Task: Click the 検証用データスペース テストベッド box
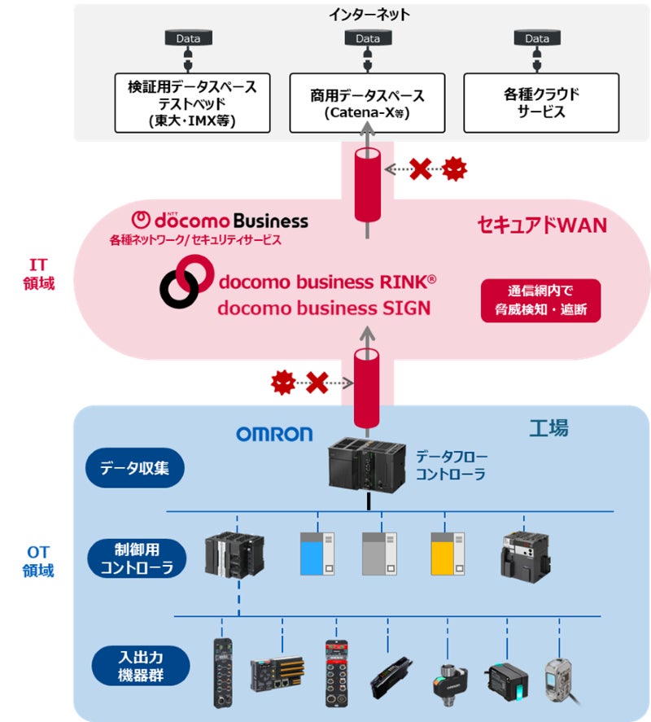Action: [192, 103]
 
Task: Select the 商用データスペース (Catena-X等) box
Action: [367, 103]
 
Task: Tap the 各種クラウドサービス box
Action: [541, 103]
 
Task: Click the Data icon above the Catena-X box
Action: [368, 38]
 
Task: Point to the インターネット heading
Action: [369, 15]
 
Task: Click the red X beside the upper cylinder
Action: [421, 169]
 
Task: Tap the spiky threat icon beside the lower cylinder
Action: [282, 383]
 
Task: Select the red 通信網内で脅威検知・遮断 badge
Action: [540, 300]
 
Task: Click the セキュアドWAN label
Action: [542, 225]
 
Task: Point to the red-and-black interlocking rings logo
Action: [186, 282]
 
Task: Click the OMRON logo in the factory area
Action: [274, 434]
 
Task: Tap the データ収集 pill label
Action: [135, 468]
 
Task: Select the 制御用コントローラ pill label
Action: [137, 558]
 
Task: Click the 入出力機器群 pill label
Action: [141, 666]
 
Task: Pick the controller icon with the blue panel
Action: [317, 554]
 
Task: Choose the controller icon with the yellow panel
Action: [448, 554]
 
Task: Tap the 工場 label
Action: [548, 428]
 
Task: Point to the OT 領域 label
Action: [38, 562]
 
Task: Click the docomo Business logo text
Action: [220, 221]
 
